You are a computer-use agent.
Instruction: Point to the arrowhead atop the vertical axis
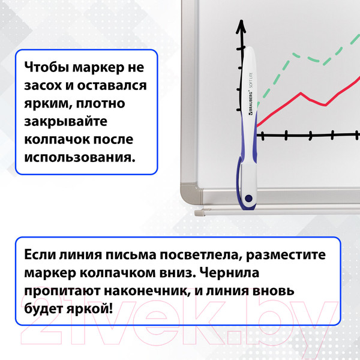[242, 26]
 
